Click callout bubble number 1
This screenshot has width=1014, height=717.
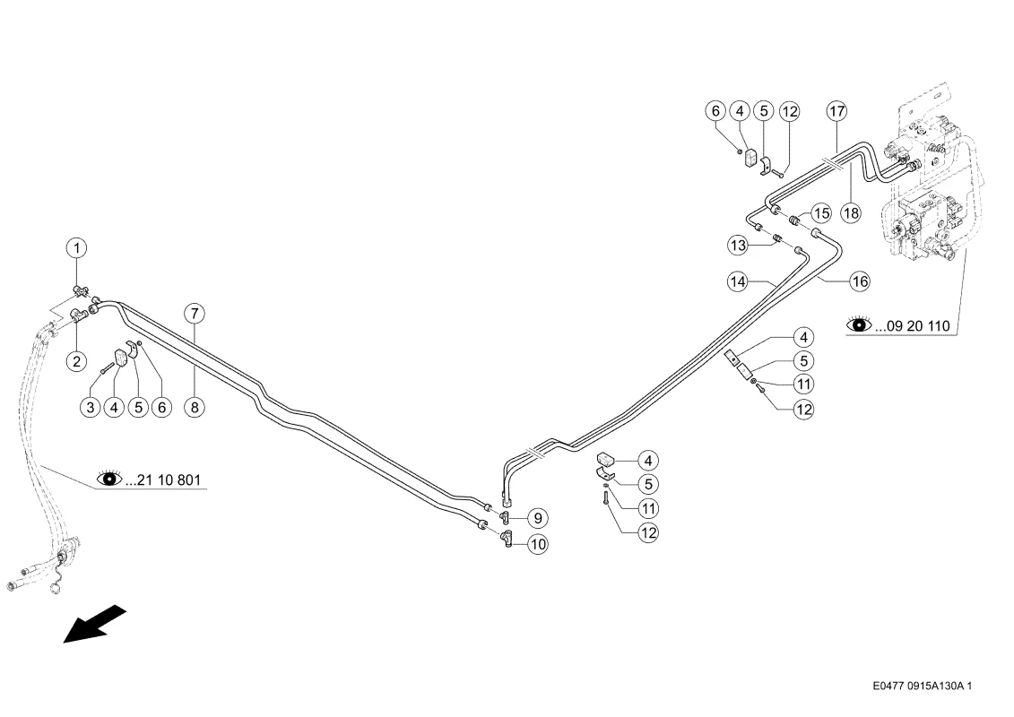77,248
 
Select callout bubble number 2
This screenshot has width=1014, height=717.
77,361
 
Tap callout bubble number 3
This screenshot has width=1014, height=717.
91,407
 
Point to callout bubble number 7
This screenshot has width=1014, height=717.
194,314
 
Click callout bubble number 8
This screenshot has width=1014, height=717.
194,407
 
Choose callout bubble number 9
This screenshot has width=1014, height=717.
537,518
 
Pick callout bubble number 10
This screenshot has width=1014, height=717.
537,544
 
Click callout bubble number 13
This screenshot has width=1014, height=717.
738,246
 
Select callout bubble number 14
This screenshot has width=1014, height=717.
738,281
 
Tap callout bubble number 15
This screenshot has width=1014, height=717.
821,212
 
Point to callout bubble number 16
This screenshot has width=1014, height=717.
860,281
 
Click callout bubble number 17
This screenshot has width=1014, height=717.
836,111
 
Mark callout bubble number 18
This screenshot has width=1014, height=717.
851,212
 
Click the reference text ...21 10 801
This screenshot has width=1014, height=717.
163,480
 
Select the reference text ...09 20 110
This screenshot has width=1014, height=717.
913,326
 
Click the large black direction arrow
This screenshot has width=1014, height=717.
94,624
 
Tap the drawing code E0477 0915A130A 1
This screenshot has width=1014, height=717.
923,686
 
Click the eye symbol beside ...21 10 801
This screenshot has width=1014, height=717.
109,479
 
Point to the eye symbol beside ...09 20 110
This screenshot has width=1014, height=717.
860,324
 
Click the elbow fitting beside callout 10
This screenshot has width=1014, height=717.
507,538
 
